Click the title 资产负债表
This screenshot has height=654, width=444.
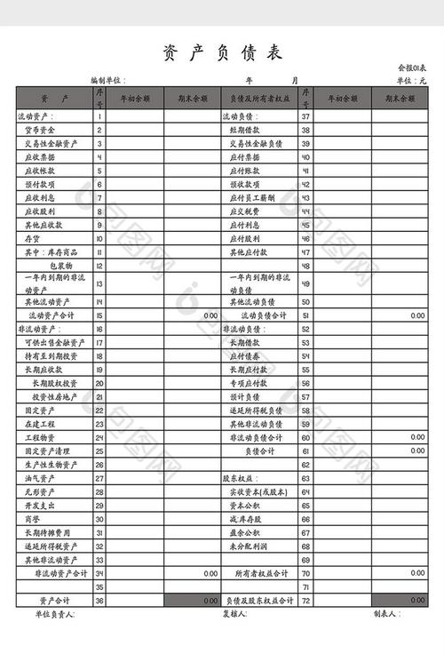pyautogui.click(x=222, y=53)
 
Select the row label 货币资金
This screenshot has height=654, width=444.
pyautogui.click(x=40, y=130)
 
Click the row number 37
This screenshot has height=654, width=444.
pyautogui.click(x=305, y=116)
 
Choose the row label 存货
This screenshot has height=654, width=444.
pyautogui.click(x=31, y=239)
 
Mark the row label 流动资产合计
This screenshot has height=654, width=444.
pyautogui.click(x=52, y=315)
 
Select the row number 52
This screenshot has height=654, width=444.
pyautogui.click(x=305, y=329)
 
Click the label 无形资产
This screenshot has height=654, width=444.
pyautogui.click(x=39, y=492)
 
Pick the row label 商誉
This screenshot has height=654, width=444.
pyautogui.click(x=31, y=519)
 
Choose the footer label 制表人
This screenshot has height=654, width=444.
pyautogui.click(x=385, y=614)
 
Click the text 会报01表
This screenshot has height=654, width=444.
pyautogui.click(x=412, y=68)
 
